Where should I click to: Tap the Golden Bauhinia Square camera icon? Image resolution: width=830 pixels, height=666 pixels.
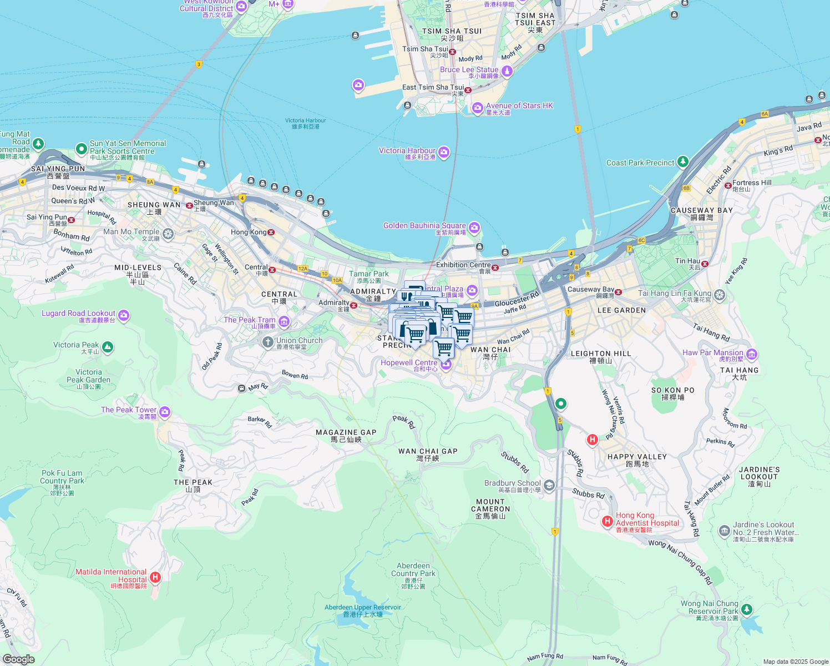[x=474, y=228]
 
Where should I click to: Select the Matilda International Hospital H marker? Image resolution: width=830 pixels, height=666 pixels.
[x=155, y=577]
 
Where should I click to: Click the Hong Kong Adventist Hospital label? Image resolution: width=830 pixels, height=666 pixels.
[x=647, y=519]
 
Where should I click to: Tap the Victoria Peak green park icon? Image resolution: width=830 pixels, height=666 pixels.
[x=108, y=347]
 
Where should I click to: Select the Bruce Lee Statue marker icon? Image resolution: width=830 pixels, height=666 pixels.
[x=507, y=71]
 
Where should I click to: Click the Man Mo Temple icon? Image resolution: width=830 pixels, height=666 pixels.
[x=168, y=234]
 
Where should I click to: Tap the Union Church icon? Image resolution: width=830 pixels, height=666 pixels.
[x=268, y=342]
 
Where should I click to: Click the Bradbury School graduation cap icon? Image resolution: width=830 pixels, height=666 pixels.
[x=549, y=486]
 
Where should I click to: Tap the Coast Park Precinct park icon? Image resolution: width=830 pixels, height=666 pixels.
[x=683, y=162]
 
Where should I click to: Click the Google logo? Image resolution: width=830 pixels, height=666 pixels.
[x=19, y=659]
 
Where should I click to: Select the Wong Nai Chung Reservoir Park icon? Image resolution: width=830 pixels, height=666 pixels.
[x=747, y=610]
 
